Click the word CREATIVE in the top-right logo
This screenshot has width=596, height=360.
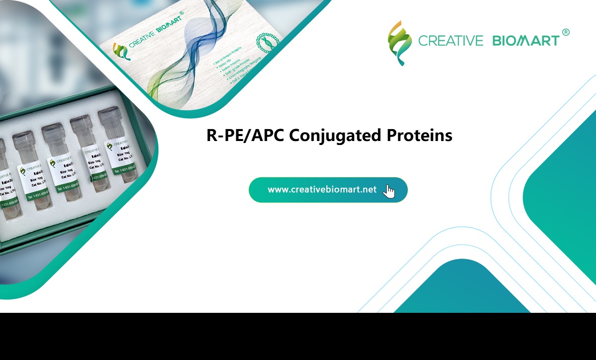click(x=450, y=41)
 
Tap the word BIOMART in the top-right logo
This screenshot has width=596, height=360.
click(x=525, y=41)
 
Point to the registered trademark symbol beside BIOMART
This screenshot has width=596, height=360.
click(x=565, y=32)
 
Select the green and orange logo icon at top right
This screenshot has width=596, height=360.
click(x=399, y=43)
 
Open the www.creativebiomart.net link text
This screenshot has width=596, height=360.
click(x=322, y=190)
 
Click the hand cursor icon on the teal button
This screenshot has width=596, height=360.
click(x=389, y=191)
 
